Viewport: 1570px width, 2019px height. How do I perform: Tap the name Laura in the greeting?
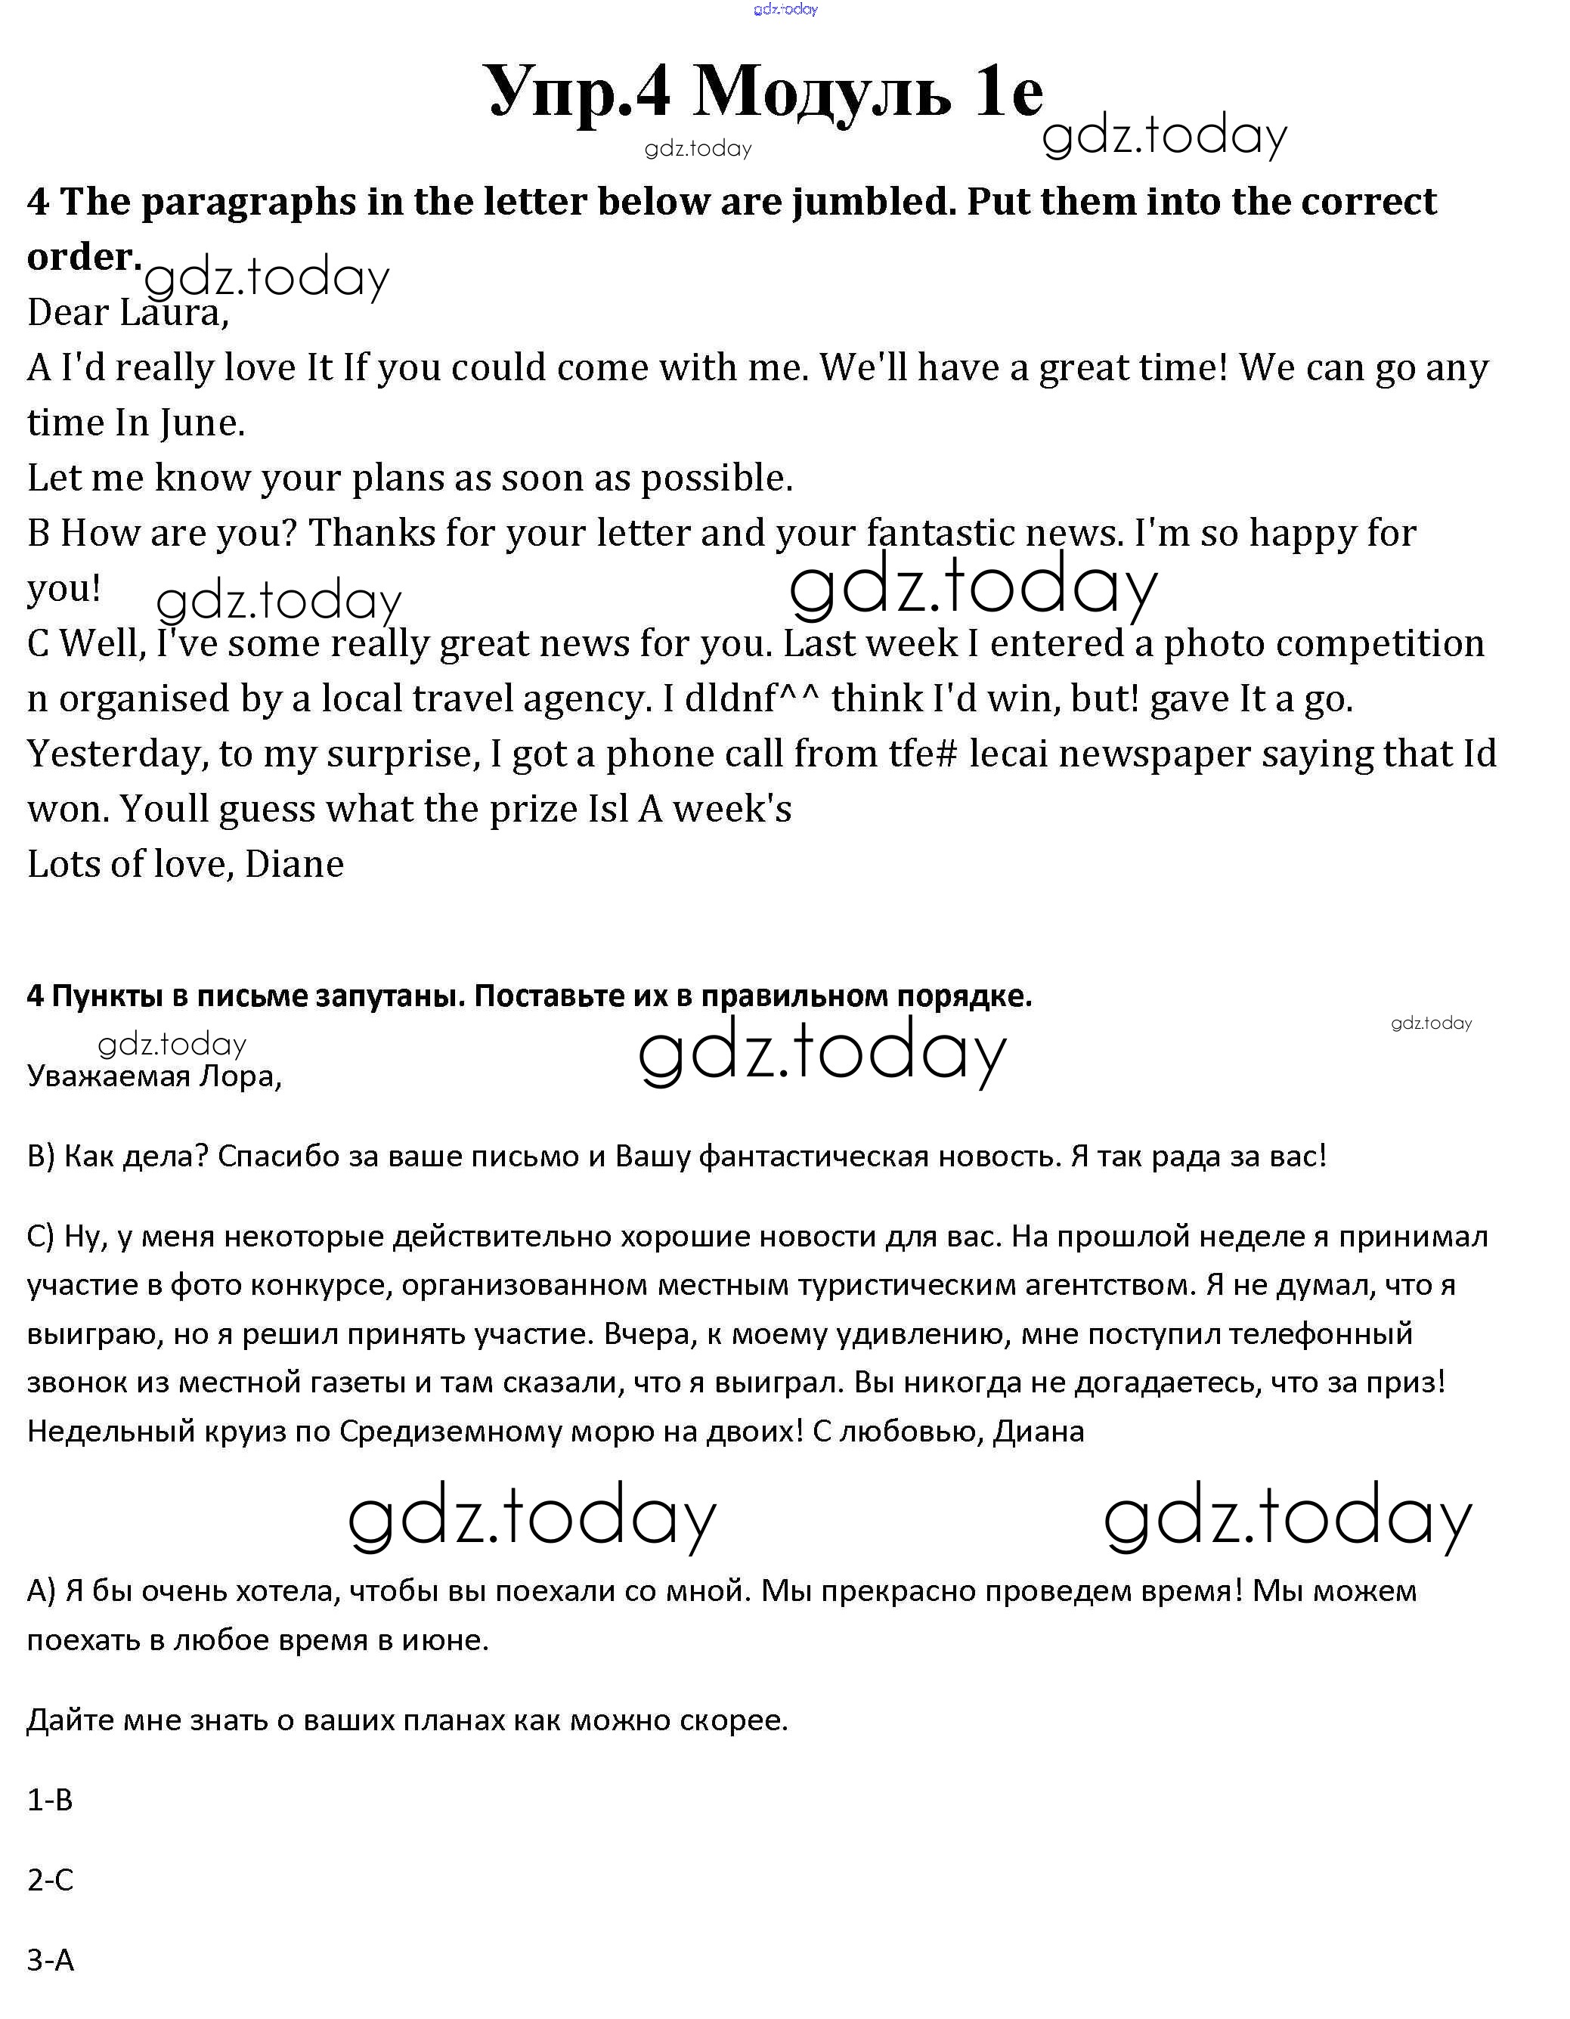point(173,314)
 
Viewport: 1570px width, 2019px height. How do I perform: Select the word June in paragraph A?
point(202,423)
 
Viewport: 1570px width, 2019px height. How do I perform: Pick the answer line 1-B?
point(50,1800)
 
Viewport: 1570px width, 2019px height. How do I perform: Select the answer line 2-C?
point(50,1881)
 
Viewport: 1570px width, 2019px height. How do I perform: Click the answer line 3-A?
point(50,1960)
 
